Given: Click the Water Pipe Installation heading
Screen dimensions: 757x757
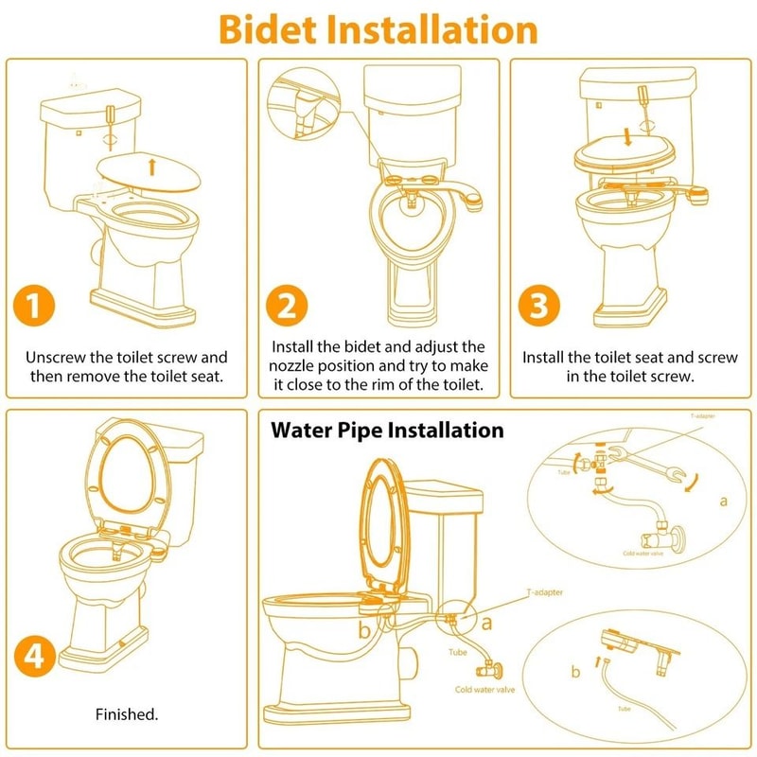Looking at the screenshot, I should click(x=388, y=430).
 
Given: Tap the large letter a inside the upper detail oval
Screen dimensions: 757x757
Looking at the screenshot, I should click(x=723, y=500).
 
